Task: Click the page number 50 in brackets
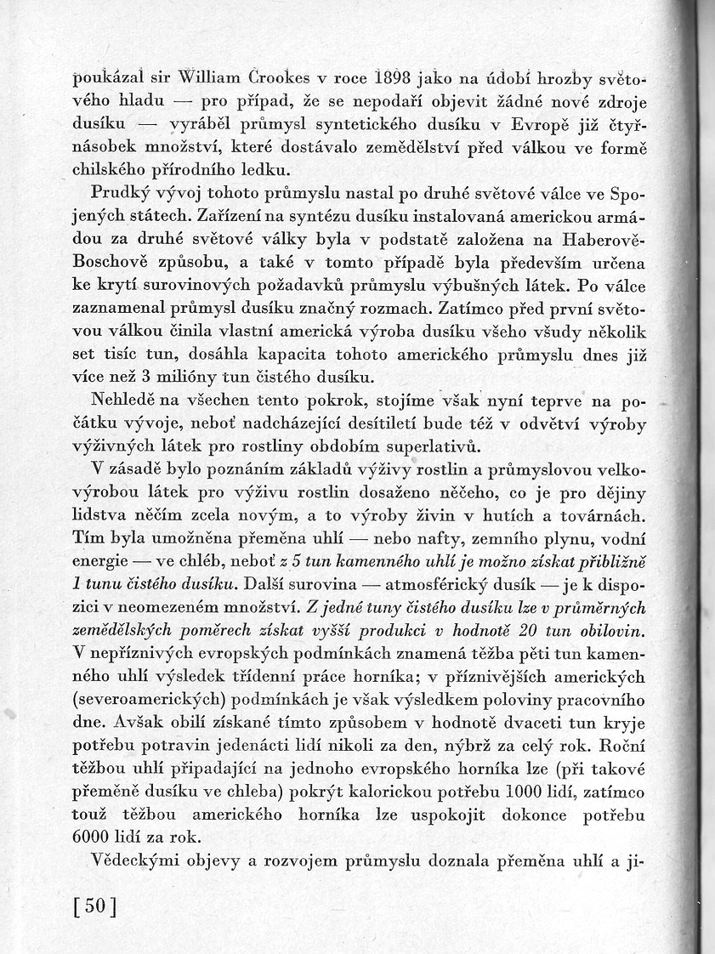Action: pyautogui.click(x=94, y=906)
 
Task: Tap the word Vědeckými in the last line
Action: pyautogui.click(x=130, y=860)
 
